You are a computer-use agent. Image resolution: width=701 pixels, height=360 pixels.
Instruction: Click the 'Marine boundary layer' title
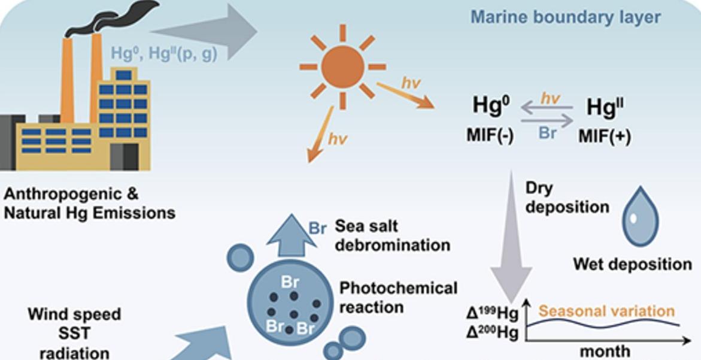click(566, 17)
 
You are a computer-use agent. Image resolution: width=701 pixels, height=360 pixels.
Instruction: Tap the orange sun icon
click(342, 67)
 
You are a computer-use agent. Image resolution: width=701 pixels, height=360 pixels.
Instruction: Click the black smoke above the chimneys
click(112, 18)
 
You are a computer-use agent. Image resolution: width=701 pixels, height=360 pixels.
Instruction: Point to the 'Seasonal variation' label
click(606, 311)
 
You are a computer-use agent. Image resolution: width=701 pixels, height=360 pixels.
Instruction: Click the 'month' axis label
click(605, 351)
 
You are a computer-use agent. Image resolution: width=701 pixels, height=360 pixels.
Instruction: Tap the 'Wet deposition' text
click(633, 264)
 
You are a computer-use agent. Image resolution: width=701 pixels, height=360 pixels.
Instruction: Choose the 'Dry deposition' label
click(567, 198)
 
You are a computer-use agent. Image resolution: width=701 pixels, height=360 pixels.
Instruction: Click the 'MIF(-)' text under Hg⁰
click(490, 135)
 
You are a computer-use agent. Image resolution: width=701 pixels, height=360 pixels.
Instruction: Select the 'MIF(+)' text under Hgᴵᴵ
click(605, 136)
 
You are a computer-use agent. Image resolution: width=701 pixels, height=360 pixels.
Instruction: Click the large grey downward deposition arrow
click(511, 237)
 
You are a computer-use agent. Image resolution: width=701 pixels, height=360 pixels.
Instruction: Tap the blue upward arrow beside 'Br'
click(291, 235)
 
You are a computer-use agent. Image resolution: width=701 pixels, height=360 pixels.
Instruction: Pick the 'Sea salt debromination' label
click(393, 235)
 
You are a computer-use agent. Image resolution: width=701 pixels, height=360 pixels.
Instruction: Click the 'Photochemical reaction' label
click(398, 297)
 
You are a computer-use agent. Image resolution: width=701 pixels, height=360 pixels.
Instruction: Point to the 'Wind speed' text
click(74, 314)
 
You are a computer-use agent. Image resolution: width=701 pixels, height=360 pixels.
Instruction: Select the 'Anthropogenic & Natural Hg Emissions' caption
click(89, 204)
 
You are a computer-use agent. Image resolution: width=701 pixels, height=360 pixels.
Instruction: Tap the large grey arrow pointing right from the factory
click(204, 32)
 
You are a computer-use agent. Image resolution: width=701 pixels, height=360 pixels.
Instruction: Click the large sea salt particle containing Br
click(290, 302)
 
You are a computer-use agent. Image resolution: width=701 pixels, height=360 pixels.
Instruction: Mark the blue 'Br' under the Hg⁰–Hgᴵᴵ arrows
click(548, 133)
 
